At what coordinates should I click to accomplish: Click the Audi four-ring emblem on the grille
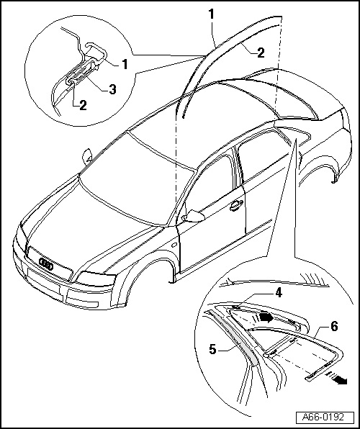[46, 263]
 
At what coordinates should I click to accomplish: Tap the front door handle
[236, 205]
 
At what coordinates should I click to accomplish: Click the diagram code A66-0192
[323, 417]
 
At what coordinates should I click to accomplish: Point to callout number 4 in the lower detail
[279, 293]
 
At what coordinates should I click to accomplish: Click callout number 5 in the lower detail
[212, 349]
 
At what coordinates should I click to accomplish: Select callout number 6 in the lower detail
[334, 326]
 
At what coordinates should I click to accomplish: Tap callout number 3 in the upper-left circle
[112, 89]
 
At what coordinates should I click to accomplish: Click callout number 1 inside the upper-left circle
[125, 64]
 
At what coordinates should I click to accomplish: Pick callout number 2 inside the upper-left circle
[83, 105]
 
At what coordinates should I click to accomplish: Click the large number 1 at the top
[211, 14]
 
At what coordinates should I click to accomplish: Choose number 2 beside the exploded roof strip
[261, 53]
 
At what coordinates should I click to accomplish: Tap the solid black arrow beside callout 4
[267, 317]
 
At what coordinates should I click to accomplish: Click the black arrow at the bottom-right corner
[341, 380]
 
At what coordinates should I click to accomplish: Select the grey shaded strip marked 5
[234, 338]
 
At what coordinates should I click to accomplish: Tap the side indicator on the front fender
[174, 245]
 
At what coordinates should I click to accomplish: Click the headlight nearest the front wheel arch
[96, 279]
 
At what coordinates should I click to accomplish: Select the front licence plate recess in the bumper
[43, 284]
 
